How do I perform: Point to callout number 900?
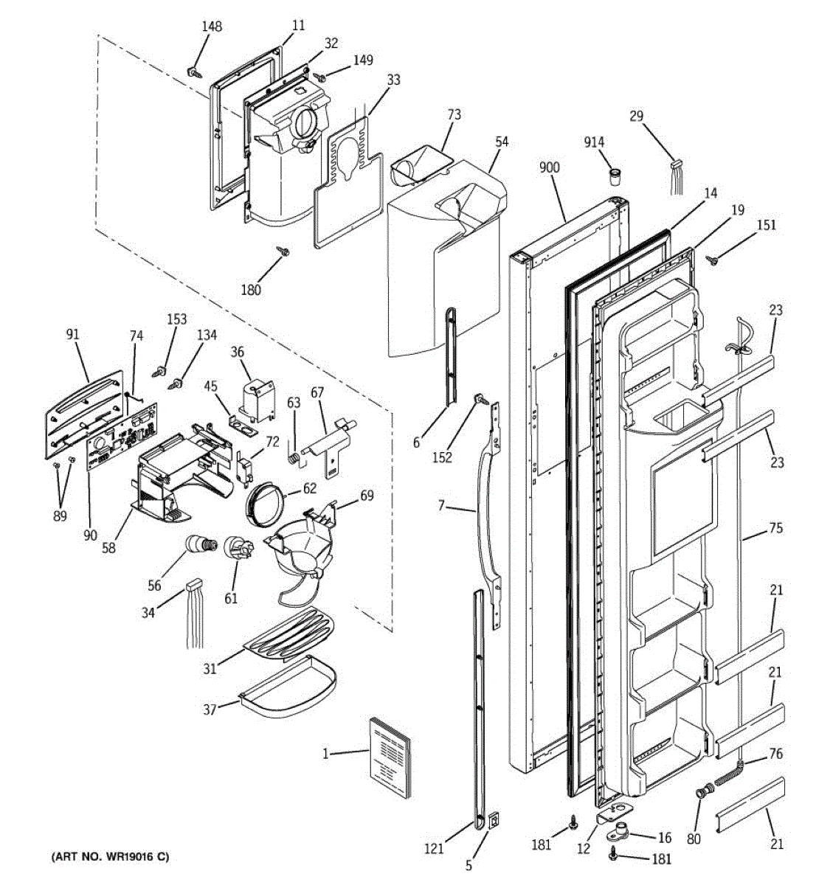click(x=549, y=167)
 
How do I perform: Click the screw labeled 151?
click(x=713, y=259)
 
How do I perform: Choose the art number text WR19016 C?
click(x=110, y=857)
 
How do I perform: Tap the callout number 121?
click(x=434, y=849)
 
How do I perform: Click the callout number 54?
click(x=501, y=141)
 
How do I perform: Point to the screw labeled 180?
click(x=283, y=252)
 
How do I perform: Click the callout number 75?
click(x=775, y=528)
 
